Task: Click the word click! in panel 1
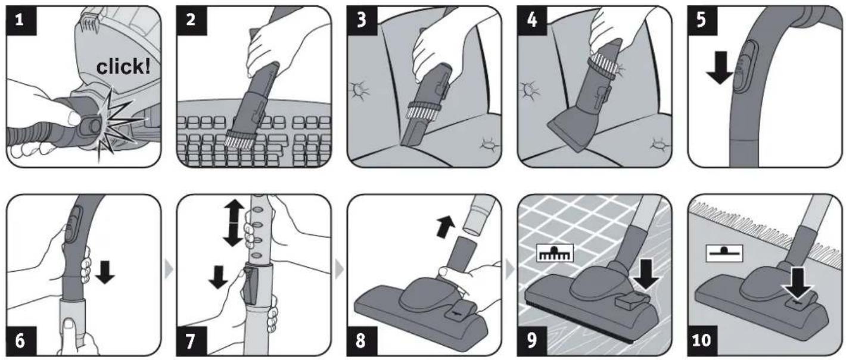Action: (x=123, y=67)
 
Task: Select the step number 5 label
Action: (x=701, y=20)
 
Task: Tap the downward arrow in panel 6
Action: (x=105, y=271)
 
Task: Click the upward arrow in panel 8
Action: (x=446, y=226)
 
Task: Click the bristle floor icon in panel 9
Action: (x=555, y=253)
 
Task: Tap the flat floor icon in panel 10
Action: (x=724, y=253)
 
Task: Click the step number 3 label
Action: (x=362, y=20)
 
